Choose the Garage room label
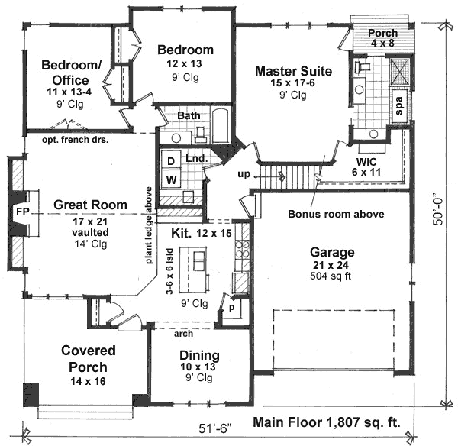tap(331, 251)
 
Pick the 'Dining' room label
tap(199, 355)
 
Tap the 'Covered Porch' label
tap(89, 358)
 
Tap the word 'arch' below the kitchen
tap(182, 333)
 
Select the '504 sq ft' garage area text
tap(331, 276)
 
